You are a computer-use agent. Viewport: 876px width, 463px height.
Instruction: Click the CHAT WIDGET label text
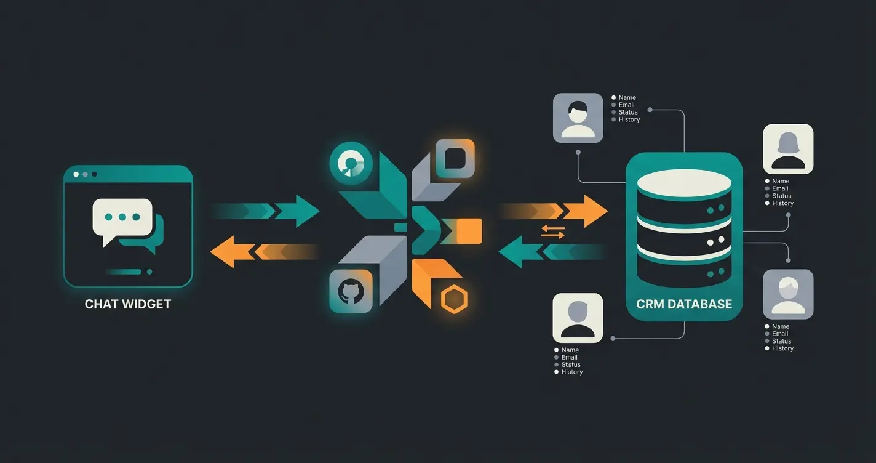coord(128,304)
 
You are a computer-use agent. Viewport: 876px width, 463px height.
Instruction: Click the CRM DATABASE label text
coord(684,304)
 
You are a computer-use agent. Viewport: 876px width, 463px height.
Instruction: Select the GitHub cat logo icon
coord(351,291)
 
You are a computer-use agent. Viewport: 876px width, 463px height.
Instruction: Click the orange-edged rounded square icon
coord(455,158)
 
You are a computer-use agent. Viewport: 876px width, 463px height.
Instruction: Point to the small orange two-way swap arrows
coord(552,231)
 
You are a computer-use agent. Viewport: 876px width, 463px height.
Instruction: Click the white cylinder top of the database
coord(684,183)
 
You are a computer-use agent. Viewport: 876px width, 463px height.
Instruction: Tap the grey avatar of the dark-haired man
coord(578,118)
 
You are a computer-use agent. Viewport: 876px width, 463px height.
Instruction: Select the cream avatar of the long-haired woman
coord(788,149)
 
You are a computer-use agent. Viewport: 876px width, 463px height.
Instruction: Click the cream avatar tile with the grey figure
coord(577,318)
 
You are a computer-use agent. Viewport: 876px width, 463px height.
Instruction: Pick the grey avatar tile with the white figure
coord(788,294)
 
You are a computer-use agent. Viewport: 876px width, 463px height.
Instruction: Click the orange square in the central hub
coord(470,231)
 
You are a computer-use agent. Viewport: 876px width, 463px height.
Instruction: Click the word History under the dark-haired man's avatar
coord(629,119)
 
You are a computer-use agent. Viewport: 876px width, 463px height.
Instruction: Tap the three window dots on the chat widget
coord(85,174)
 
